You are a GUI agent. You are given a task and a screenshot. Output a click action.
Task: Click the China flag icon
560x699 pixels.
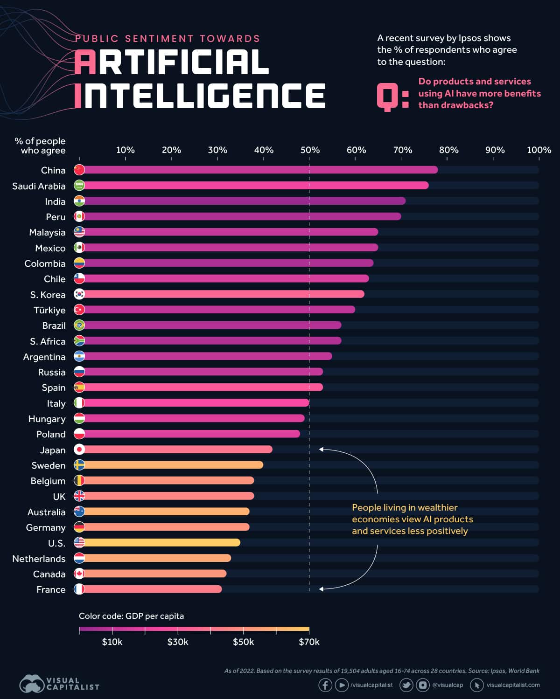tap(79, 170)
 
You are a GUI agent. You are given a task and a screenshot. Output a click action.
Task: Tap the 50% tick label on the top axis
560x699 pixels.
tap(310, 150)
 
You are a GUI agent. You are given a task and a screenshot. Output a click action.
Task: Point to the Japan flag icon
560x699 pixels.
tap(79, 450)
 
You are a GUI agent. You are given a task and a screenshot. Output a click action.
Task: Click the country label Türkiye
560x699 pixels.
tap(49, 310)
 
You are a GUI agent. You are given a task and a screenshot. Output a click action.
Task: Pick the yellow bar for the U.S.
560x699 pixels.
tap(161, 543)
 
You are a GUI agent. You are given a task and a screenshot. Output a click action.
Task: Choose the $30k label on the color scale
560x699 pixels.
tap(178, 642)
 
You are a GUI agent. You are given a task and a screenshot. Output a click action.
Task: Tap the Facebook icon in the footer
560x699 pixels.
tap(325, 685)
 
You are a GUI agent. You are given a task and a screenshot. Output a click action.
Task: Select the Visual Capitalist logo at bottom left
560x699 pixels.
tap(59, 684)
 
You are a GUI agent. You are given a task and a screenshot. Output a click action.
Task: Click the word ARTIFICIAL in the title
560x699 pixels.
tap(171, 62)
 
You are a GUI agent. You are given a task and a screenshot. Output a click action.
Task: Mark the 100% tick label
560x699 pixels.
tap(539, 150)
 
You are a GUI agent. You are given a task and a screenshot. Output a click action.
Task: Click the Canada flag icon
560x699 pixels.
tap(79, 574)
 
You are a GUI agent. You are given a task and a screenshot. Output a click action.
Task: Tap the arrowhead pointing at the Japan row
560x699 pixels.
tap(321, 450)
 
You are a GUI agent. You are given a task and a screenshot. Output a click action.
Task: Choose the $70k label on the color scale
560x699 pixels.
tap(309, 642)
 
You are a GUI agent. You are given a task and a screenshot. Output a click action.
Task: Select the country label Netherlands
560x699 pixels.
tap(39, 559)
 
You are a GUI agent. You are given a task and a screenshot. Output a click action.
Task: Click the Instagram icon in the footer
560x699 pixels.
tap(423, 685)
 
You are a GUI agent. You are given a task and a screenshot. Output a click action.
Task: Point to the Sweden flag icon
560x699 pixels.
tap(79, 465)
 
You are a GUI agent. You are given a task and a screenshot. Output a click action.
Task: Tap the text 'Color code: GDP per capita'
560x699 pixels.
tap(131, 616)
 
